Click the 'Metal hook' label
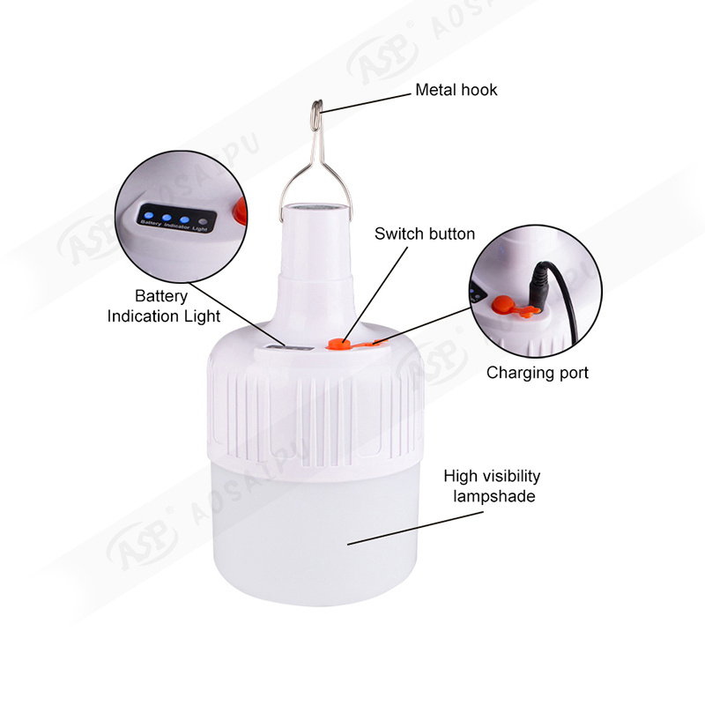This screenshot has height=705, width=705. point(456,90)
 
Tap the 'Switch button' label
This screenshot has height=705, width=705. point(425,234)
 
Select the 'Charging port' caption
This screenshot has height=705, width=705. point(538,373)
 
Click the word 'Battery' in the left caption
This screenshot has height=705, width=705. point(161,296)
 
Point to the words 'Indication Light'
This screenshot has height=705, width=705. point(164,316)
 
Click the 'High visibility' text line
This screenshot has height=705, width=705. point(492,476)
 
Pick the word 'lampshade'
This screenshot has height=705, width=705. point(494,496)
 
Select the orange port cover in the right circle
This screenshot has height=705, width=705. point(513,306)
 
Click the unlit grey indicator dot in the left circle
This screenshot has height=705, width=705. point(203,222)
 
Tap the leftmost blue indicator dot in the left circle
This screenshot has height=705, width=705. point(149,215)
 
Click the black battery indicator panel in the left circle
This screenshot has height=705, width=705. point(177,219)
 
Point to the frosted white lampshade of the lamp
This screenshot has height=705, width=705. point(315,535)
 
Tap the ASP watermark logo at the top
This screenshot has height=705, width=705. point(383,59)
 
